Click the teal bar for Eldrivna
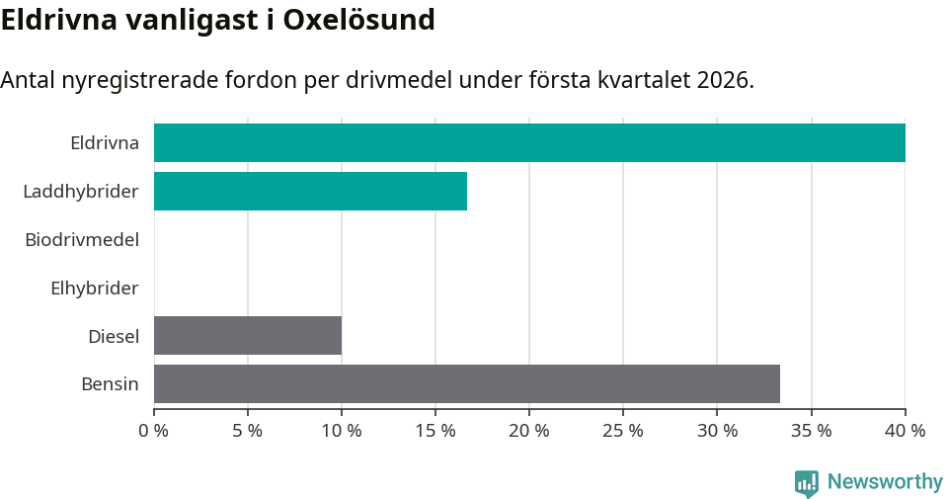pos(529,142)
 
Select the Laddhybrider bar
pos(310,191)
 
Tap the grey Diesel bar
pos(248,335)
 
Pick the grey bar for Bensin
pos(467,383)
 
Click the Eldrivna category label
pos(105,143)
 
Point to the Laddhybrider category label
pos(81,191)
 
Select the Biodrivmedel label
pos(82,239)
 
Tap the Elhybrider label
pos(95,288)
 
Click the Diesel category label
pos(114,336)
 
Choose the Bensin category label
pos(110,383)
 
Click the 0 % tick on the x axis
pos(154,431)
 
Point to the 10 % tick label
pos(342,431)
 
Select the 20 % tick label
pos(529,431)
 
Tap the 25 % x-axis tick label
pos(623,431)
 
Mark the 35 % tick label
pos(811,431)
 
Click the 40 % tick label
pos(905,431)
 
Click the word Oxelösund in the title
pos(359,20)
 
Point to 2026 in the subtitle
pos(722,80)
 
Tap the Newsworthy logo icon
pos(807,482)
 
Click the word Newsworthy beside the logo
pos(885,482)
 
